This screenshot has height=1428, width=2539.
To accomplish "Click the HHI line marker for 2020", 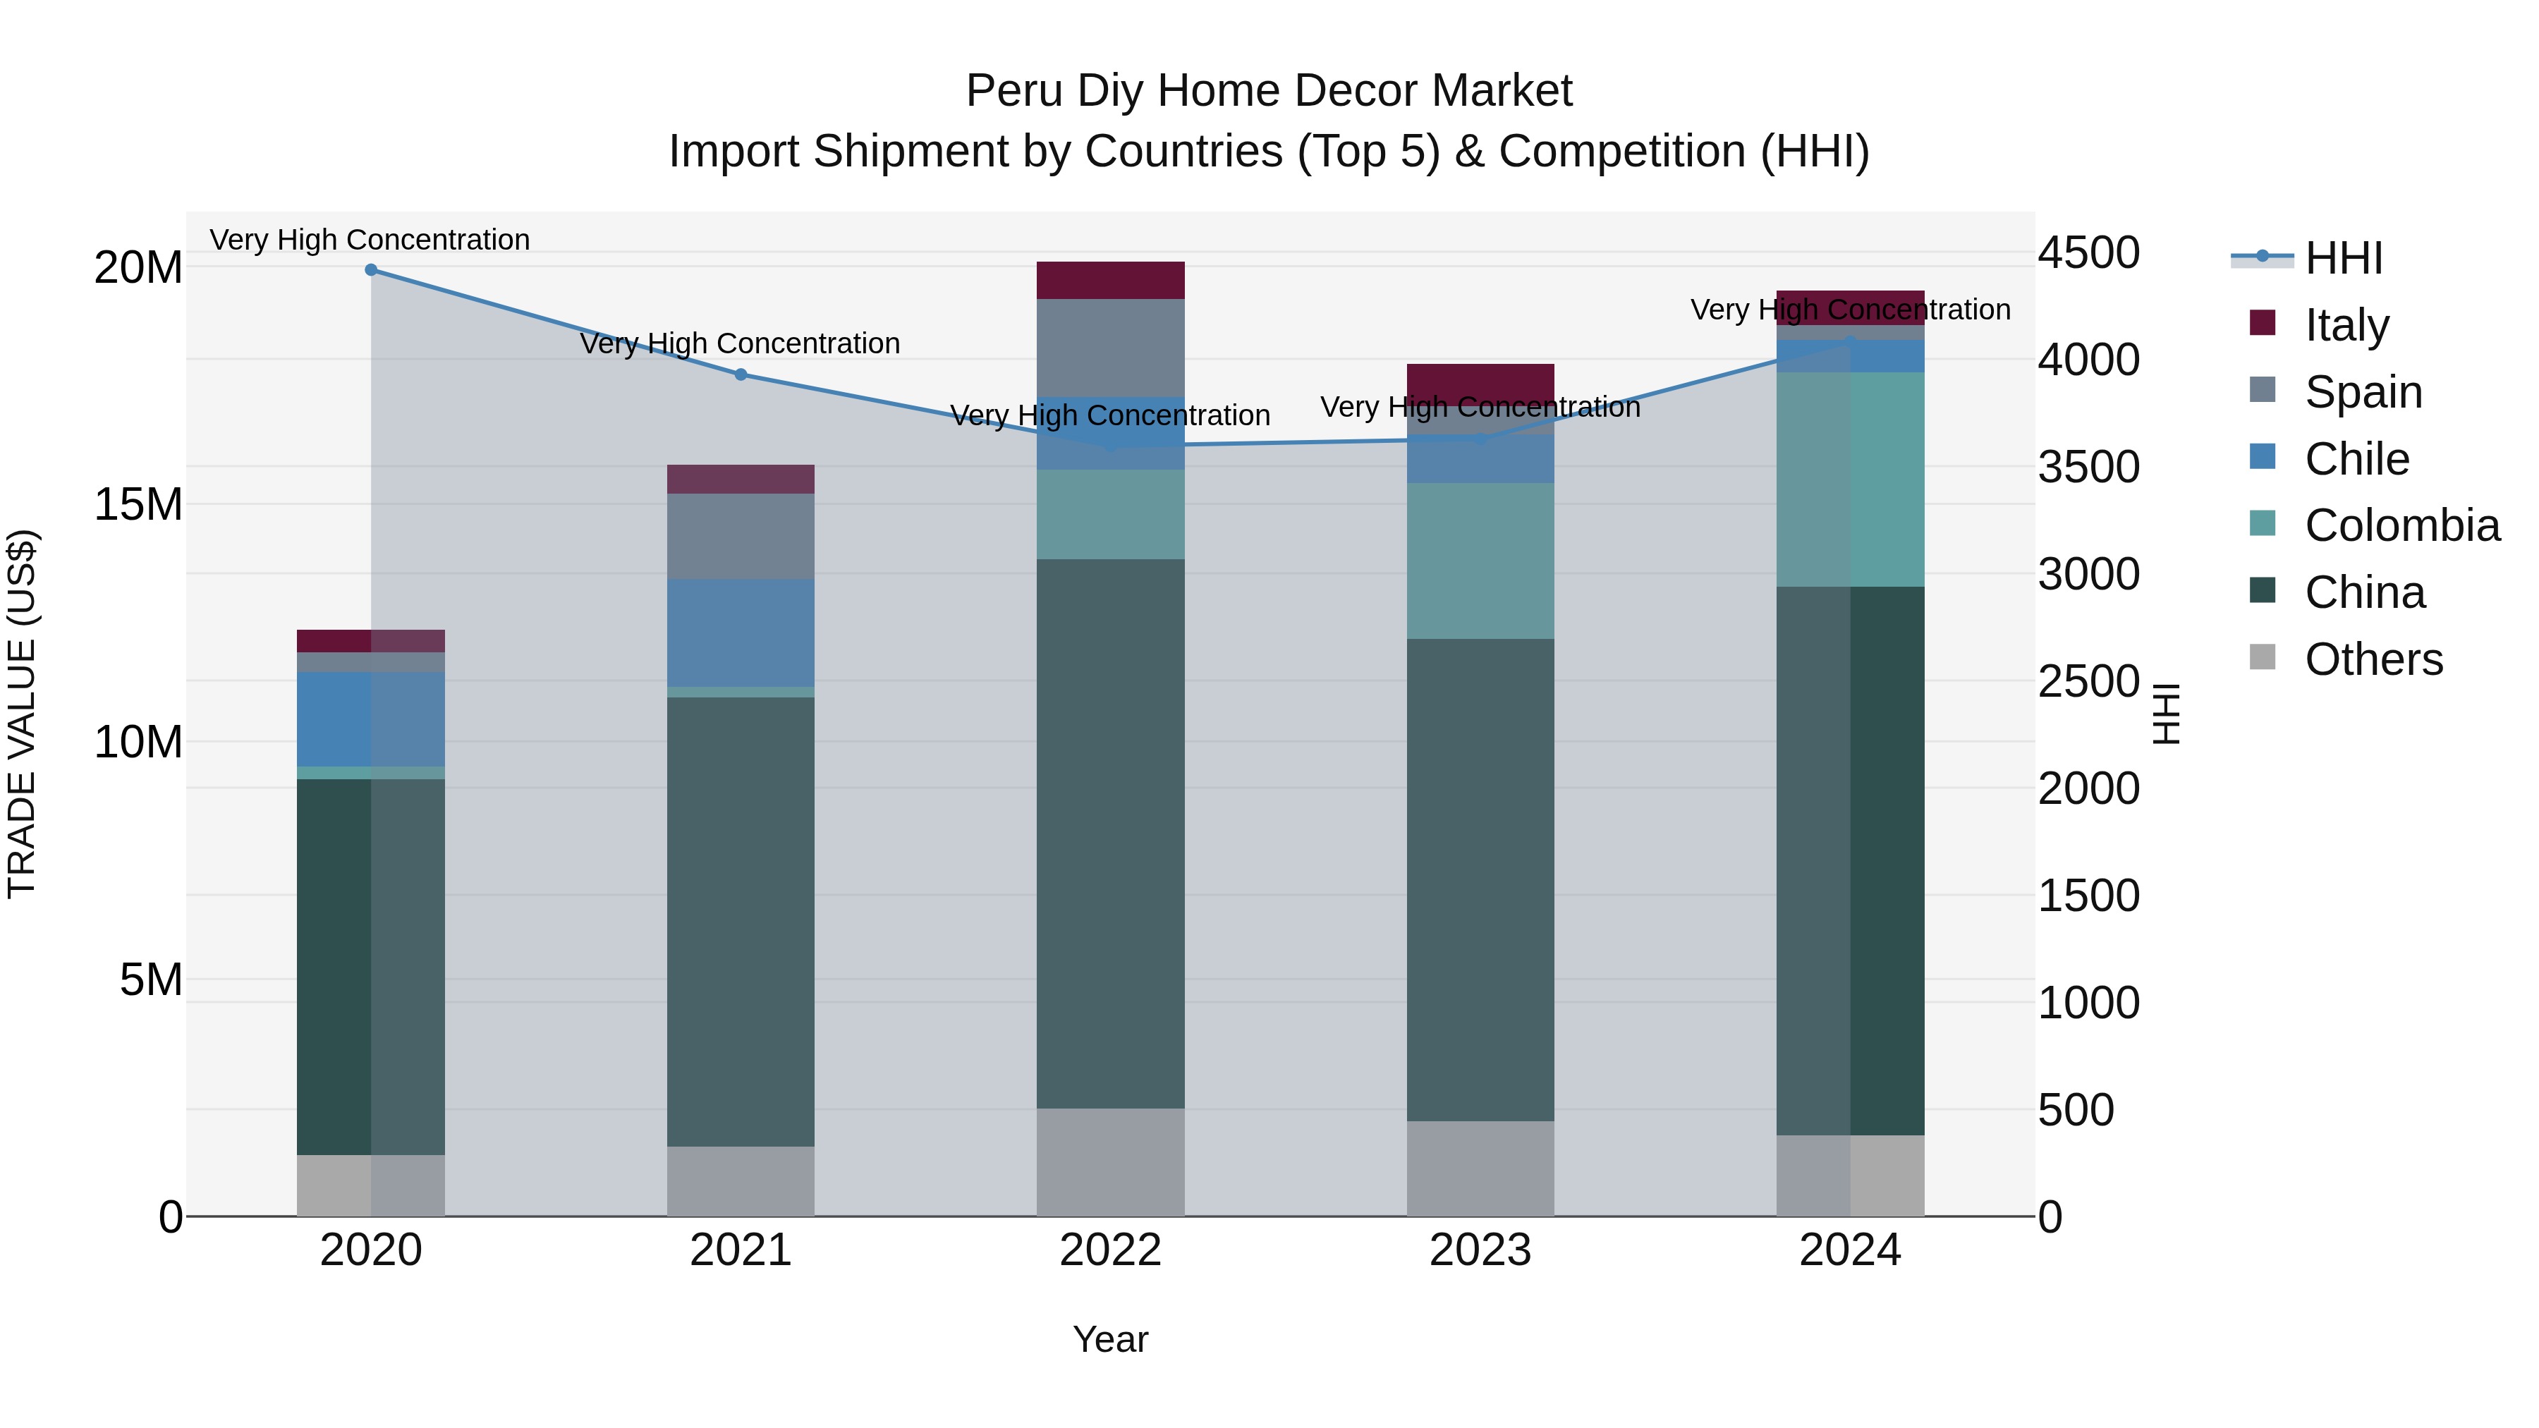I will tap(370, 270).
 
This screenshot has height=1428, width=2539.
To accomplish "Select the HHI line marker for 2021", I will tap(741, 374).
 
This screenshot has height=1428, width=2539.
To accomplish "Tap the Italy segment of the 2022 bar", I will tap(1111, 281).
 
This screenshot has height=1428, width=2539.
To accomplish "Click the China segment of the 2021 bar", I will tap(741, 922).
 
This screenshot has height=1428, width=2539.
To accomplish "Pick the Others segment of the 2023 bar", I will tap(1480, 1168).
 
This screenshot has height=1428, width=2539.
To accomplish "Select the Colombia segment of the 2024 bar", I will tap(1850, 480).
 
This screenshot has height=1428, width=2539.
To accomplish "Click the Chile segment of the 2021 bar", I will tap(741, 633).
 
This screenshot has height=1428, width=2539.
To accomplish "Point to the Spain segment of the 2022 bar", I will tap(1111, 348).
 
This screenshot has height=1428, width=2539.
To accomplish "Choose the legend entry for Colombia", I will tap(2401, 525).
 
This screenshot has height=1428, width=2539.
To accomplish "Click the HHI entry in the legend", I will tap(2343, 258).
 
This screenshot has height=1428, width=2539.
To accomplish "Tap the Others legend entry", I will tap(2373, 659).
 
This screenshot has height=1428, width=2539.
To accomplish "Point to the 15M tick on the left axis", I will tap(138, 505).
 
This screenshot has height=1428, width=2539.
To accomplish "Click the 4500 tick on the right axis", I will tap(2088, 252).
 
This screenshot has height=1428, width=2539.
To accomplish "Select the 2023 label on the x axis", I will tap(1480, 1250).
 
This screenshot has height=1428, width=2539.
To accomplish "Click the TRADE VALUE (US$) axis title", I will tap(23, 714).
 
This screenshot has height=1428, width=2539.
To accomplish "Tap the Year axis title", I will tap(1111, 1339).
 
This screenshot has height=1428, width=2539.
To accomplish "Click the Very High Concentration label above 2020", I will tap(370, 240).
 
